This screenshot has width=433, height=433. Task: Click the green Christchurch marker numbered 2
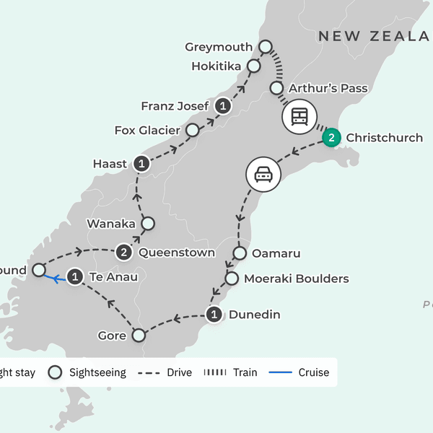tap(331, 138)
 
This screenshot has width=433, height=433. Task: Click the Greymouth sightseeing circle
tap(265, 47)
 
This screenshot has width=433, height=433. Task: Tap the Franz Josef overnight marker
tap(224, 107)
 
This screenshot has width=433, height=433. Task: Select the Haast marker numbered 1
tap(142, 164)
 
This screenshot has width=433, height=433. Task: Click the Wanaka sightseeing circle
tap(147, 224)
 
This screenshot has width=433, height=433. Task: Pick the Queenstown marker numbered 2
tap(124, 253)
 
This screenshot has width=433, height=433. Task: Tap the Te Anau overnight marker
tap(74, 276)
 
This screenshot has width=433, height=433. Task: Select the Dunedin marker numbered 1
tap(214, 315)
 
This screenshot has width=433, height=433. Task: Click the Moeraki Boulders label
tap(296, 279)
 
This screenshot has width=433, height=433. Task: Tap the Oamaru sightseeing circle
tap(240, 253)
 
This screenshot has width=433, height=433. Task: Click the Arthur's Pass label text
tap(328, 89)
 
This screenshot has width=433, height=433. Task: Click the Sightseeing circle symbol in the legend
tap(54, 372)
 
